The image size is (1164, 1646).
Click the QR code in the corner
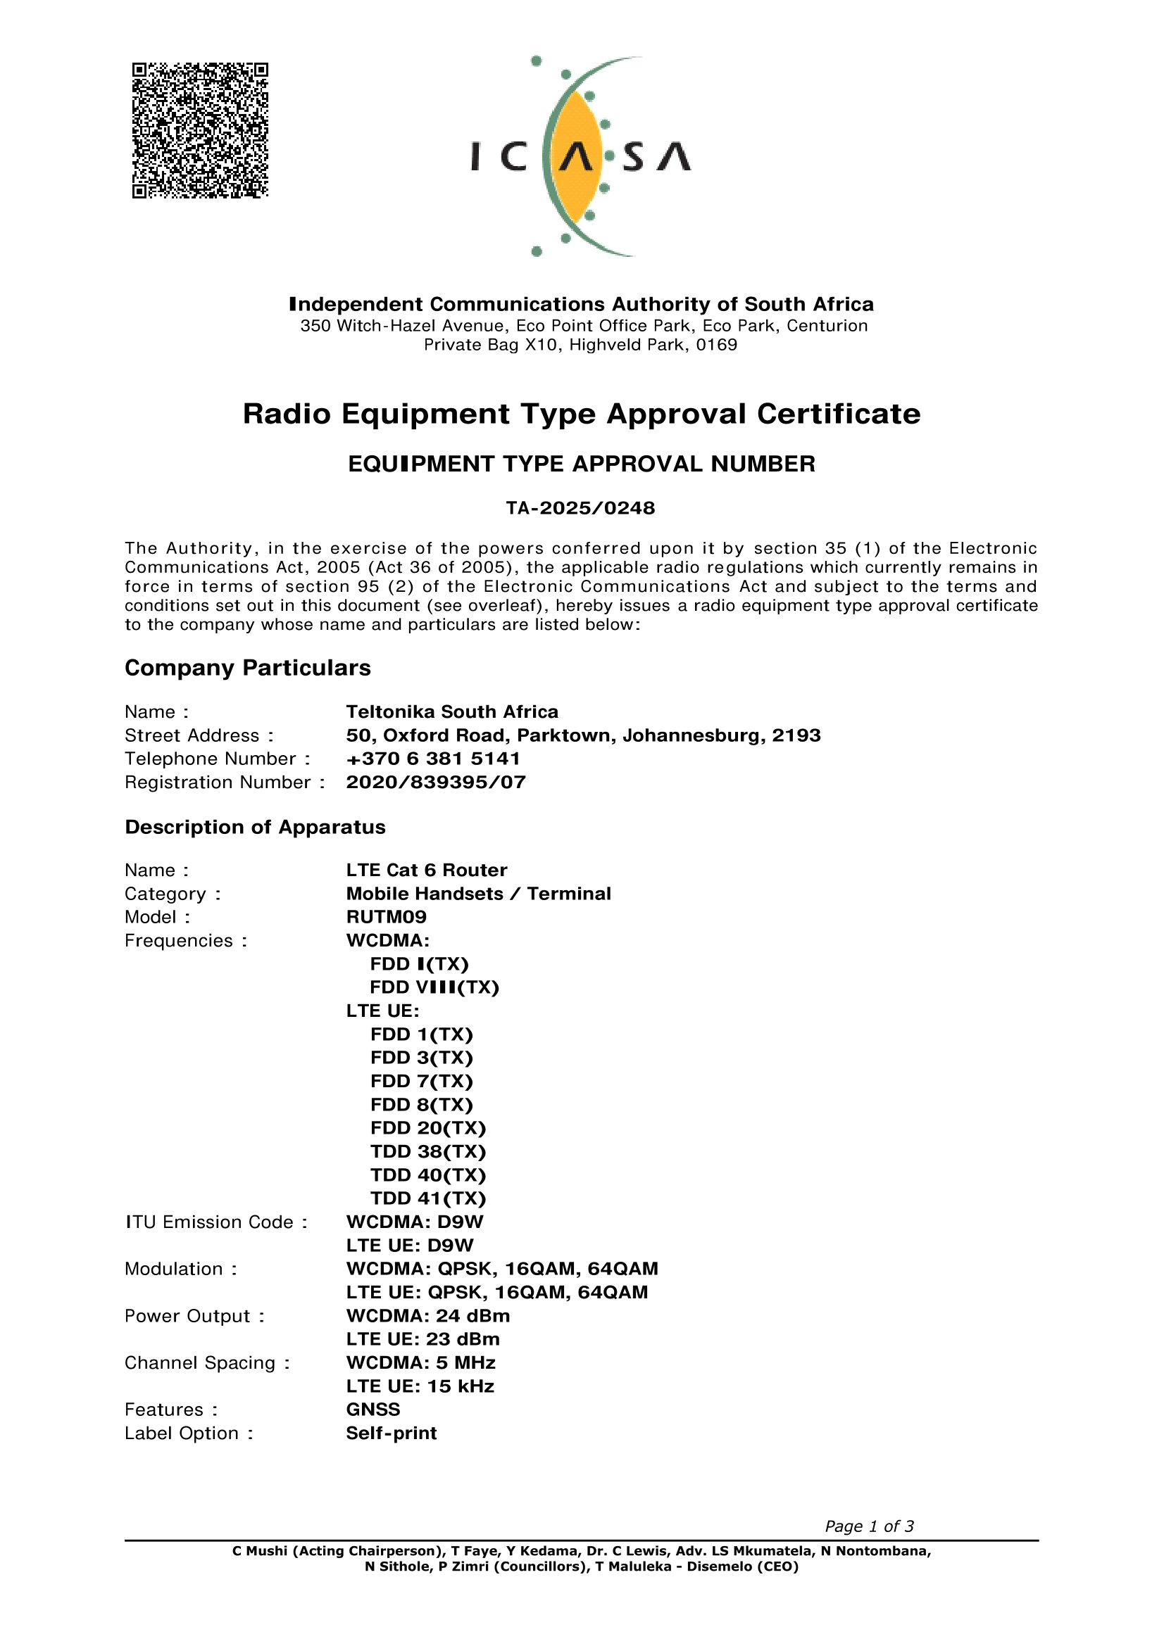click(200, 130)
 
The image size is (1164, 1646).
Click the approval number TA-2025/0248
click(580, 508)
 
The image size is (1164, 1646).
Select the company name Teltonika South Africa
click(452, 712)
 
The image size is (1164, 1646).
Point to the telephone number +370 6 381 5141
click(433, 759)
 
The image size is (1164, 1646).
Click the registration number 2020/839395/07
click(436, 782)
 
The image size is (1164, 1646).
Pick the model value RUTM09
click(386, 917)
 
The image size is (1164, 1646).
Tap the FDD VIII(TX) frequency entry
click(434, 987)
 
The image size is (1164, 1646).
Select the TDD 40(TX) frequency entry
click(428, 1175)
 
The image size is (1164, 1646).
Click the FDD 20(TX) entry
click(428, 1128)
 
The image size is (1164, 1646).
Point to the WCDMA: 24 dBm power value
click(428, 1316)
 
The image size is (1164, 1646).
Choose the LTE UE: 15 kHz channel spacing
click(420, 1386)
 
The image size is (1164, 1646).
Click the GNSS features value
click(373, 1410)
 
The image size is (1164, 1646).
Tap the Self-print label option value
click(392, 1433)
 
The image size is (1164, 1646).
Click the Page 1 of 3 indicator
click(869, 1526)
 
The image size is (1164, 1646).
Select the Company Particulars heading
click(247, 668)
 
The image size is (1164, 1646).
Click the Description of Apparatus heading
click(256, 828)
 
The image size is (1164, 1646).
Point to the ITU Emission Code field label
click(216, 1222)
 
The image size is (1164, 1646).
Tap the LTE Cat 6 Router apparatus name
click(427, 871)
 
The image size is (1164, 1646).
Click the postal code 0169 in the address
click(716, 345)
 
